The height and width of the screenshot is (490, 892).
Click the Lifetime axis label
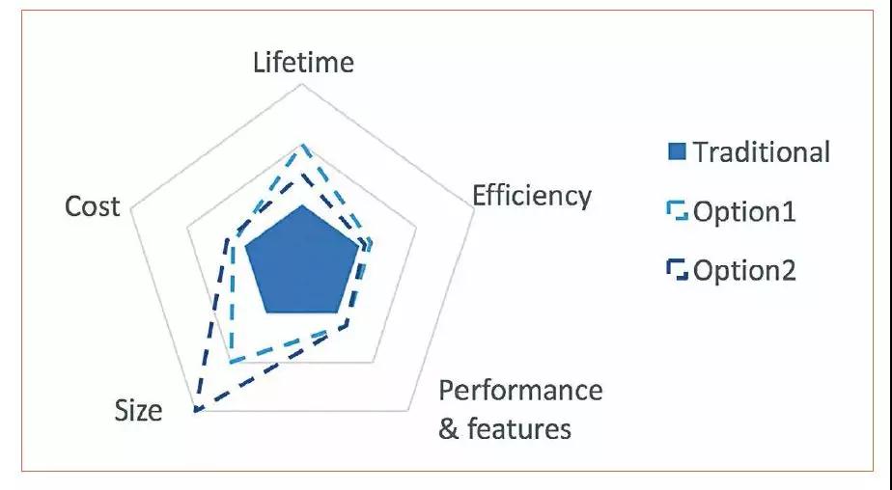[x=303, y=62]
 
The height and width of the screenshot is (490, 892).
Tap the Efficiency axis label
[x=532, y=197]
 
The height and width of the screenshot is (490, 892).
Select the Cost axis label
[x=92, y=206]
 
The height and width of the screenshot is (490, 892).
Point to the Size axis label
[x=138, y=410]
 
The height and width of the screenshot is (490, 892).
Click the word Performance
[x=520, y=391]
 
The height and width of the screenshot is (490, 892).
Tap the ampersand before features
[x=448, y=429]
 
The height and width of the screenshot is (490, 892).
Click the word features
[x=518, y=429]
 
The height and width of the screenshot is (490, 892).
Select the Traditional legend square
[x=677, y=151]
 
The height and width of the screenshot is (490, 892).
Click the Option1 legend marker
[x=677, y=211]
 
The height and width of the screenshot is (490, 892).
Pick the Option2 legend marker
[x=677, y=270]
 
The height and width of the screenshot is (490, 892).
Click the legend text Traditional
[x=762, y=151]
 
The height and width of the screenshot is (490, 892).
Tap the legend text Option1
[x=744, y=211]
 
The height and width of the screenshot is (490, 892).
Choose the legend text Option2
[x=744, y=270]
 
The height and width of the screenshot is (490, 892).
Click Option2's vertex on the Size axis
[x=196, y=409]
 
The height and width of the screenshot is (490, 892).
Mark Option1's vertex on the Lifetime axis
[x=303, y=146]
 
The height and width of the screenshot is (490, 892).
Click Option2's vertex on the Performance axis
[x=346, y=325]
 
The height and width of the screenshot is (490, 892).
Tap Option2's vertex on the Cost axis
[x=228, y=239]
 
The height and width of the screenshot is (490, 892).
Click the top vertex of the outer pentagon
[x=303, y=85]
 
